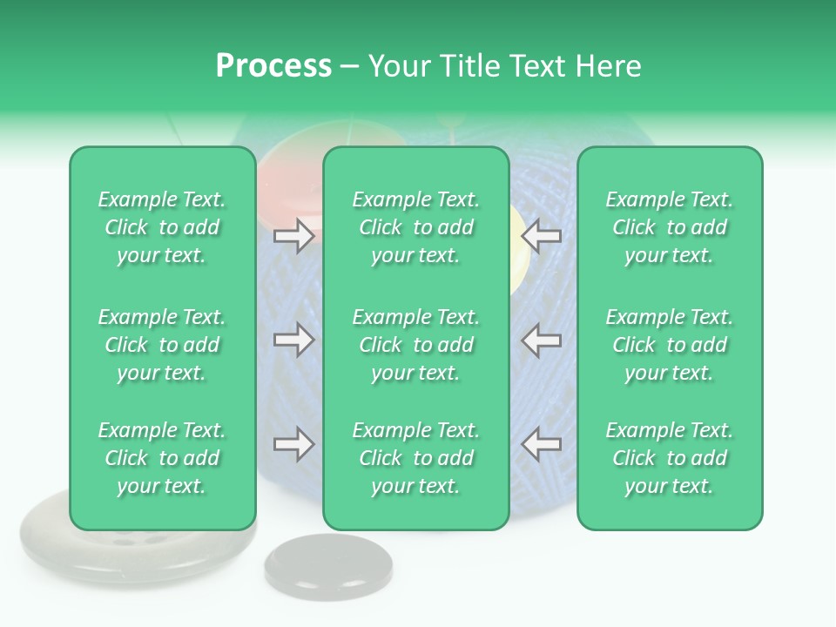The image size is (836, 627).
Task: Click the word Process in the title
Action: coord(273,66)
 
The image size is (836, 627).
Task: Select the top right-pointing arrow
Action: coord(293,236)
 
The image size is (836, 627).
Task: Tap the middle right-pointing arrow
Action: coord(293,340)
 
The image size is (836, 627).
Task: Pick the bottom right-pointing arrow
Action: coord(293,444)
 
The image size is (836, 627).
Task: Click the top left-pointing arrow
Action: coord(542,236)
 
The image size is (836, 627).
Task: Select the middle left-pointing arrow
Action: coord(542,340)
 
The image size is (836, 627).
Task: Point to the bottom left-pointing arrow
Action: coord(542,444)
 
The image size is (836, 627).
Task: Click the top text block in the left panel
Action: coord(162,227)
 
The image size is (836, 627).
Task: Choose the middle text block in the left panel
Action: coord(162,345)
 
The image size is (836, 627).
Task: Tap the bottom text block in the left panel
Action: coord(162,458)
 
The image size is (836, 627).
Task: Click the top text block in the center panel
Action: coord(415,227)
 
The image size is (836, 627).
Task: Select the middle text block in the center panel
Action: coord(415,345)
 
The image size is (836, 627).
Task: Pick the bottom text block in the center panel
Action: coord(415,458)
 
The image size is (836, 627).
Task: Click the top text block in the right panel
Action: coord(669,227)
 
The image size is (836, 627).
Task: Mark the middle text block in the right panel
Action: coord(669,345)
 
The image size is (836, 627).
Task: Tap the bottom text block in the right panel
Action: coord(669,458)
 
